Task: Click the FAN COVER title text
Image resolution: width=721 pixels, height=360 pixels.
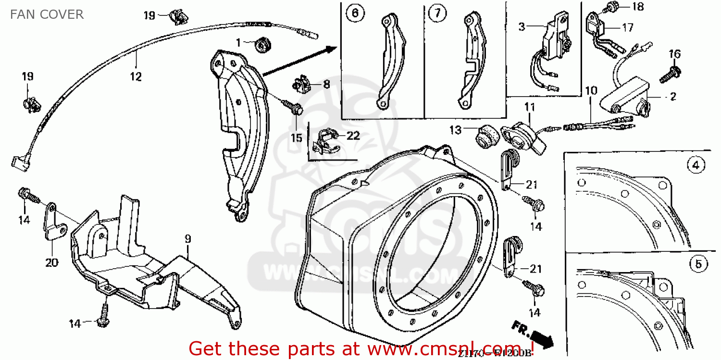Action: click(x=47, y=14)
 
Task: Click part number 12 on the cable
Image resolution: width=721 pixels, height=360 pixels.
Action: click(x=136, y=76)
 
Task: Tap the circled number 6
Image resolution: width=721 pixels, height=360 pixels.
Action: click(x=354, y=14)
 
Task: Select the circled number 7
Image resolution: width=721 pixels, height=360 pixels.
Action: click(x=436, y=14)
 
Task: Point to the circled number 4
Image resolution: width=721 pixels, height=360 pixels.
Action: click(x=695, y=166)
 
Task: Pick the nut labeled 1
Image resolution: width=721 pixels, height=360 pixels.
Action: click(x=261, y=45)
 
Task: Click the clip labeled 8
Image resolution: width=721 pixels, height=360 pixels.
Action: click(x=301, y=85)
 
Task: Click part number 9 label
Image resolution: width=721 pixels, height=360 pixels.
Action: click(x=188, y=238)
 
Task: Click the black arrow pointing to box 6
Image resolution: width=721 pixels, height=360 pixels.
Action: click(x=298, y=60)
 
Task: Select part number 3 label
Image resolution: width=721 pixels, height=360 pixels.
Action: click(x=522, y=26)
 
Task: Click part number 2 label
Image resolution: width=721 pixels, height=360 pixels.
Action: click(x=672, y=97)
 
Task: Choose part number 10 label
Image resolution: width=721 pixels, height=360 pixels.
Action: click(x=591, y=90)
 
